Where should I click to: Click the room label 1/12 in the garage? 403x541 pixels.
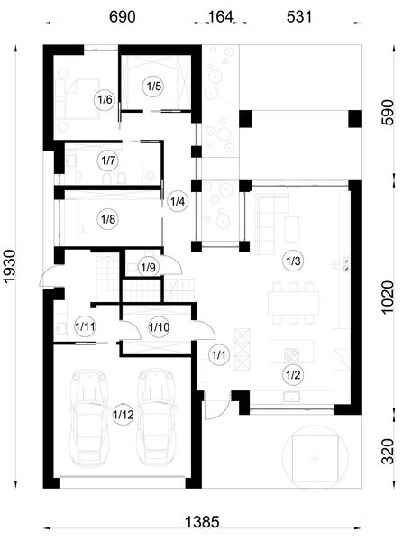click(x=123, y=414)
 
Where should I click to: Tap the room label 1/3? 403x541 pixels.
click(x=292, y=261)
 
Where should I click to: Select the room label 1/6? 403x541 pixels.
click(x=105, y=100)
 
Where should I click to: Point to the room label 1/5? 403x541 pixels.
click(x=153, y=86)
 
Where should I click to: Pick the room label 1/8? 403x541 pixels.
click(x=109, y=217)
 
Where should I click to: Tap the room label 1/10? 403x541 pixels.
click(x=159, y=326)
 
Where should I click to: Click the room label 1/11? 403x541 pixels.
click(x=86, y=326)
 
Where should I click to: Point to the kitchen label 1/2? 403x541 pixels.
click(x=292, y=373)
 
